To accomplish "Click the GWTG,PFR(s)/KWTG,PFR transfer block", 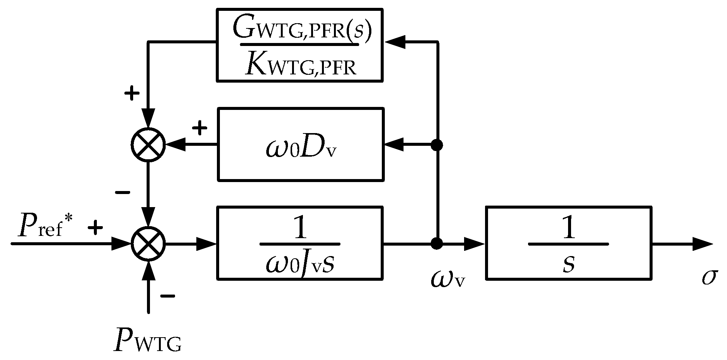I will (x=300, y=45).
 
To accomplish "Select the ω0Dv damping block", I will (x=300, y=144).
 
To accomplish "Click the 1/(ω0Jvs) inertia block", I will (x=300, y=243).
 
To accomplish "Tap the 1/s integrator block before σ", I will (x=568, y=243).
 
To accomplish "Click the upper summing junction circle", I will (x=148, y=145).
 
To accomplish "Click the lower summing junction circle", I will (x=148, y=243).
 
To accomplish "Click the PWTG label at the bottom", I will (x=148, y=340).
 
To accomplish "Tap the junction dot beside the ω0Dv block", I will (x=436, y=145).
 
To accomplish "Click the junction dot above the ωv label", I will (x=436, y=243).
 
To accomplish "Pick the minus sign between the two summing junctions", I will (x=123, y=193).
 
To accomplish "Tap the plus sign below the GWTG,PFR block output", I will (x=131, y=93).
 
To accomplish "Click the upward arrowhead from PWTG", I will (x=148, y=269).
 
